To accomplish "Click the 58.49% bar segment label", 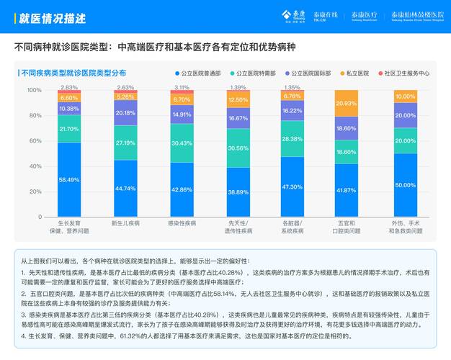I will [69, 180].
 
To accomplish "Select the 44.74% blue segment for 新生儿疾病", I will [125, 189].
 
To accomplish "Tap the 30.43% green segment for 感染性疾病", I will [182, 143].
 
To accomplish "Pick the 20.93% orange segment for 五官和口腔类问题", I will [346, 104].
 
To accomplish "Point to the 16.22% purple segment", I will [293, 111].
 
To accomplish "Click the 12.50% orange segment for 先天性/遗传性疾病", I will [238, 100].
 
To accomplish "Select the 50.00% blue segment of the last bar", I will [405, 185].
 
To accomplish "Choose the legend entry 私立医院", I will [357, 73].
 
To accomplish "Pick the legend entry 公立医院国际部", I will [307, 73].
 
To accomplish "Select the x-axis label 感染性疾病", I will [182, 223].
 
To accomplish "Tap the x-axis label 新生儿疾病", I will [125, 223].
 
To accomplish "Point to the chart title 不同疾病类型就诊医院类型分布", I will [73, 73].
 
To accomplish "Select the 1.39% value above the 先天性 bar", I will [238, 87].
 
